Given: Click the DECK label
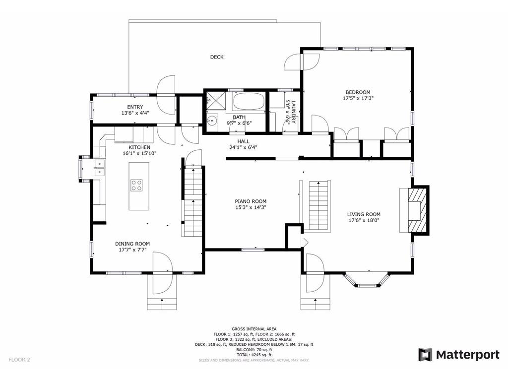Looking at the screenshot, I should point(217,57).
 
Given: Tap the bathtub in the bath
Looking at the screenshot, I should point(249,103).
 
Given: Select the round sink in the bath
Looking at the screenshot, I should point(212,120).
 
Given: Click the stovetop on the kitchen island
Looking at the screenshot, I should point(137,186).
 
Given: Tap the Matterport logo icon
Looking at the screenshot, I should point(425,355).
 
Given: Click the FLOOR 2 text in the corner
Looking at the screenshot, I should point(19,360).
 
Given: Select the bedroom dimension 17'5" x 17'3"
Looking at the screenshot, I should point(358,98).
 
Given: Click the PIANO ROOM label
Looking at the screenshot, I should point(251,201).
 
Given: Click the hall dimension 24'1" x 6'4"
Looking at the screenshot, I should point(243,147).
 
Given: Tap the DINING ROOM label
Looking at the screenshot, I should point(132,244).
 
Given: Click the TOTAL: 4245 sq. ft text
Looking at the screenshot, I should point(254,355).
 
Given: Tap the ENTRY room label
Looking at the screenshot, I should point(135,107).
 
